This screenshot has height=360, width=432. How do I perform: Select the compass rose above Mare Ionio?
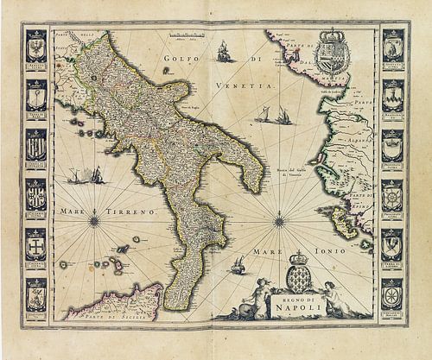tap(279, 221)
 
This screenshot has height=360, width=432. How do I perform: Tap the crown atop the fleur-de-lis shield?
tap(299, 258)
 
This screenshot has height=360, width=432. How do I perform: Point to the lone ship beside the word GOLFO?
tap(224, 53)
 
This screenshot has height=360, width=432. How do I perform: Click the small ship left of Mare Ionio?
tap(236, 270)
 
